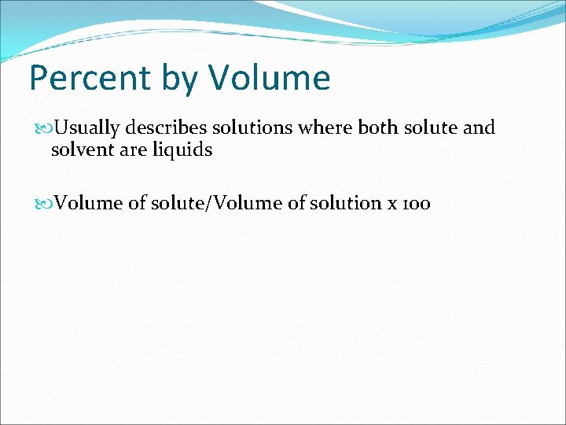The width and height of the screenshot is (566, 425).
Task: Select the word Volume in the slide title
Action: click(x=270, y=78)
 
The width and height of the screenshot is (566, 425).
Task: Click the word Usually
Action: click(x=85, y=128)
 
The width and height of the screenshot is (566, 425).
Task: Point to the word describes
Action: click(x=158, y=128)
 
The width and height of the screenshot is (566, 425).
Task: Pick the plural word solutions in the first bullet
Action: click(x=239, y=128)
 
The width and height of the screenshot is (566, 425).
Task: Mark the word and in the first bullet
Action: click(x=479, y=128)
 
